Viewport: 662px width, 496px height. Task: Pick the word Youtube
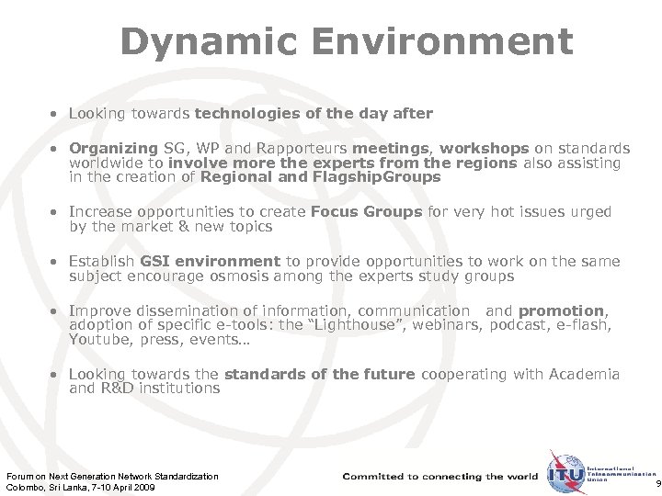point(96,339)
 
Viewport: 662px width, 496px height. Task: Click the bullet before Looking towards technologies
point(56,113)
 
